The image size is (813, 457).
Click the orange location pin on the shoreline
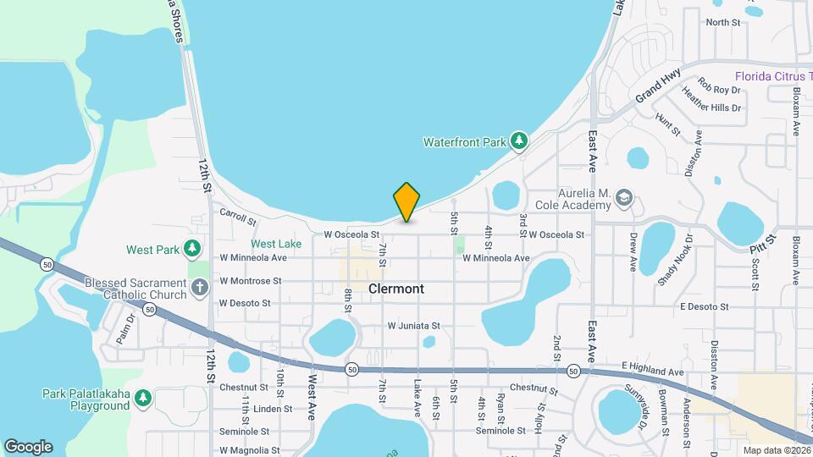(x=406, y=201)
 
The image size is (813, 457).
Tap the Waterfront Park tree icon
(x=517, y=141)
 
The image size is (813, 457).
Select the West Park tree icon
(x=193, y=249)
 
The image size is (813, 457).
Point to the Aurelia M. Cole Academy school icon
(x=624, y=197)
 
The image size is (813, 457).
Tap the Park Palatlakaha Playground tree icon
(x=143, y=397)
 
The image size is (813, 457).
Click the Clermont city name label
(x=396, y=289)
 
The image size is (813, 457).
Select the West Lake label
(x=276, y=244)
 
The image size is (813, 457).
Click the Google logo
(x=28, y=446)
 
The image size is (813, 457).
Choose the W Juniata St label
(x=414, y=325)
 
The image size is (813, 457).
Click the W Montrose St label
(x=250, y=280)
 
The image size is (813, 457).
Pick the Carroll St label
(x=237, y=217)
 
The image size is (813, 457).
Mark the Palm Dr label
(x=126, y=328)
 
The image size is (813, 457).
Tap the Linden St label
(x=272, y=408)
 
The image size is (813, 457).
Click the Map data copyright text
(x=776, y=449)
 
